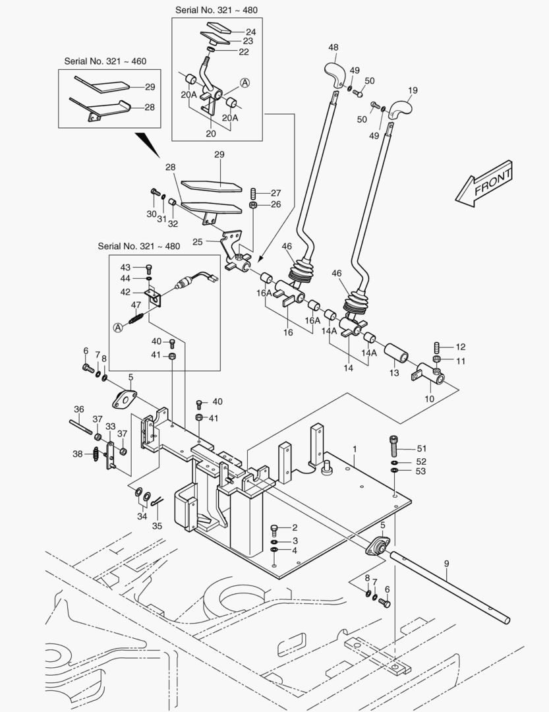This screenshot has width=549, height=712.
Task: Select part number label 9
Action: tap(446, 564)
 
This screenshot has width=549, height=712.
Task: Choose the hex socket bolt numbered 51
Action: tap(394, 446)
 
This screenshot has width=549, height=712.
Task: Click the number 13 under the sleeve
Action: tap(393, 373)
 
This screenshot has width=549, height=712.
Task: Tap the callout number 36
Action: tap(78, 409)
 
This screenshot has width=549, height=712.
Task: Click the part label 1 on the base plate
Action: tap(355, 449)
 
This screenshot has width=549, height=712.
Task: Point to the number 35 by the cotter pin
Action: tap(157, 526)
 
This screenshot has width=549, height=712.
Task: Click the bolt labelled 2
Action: tap(275, 528)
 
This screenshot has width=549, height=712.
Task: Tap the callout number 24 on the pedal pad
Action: tap(233, 32)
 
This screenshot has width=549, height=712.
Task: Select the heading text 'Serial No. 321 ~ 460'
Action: tap(105, 61)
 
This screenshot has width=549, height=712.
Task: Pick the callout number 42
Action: tap(125, 291)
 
